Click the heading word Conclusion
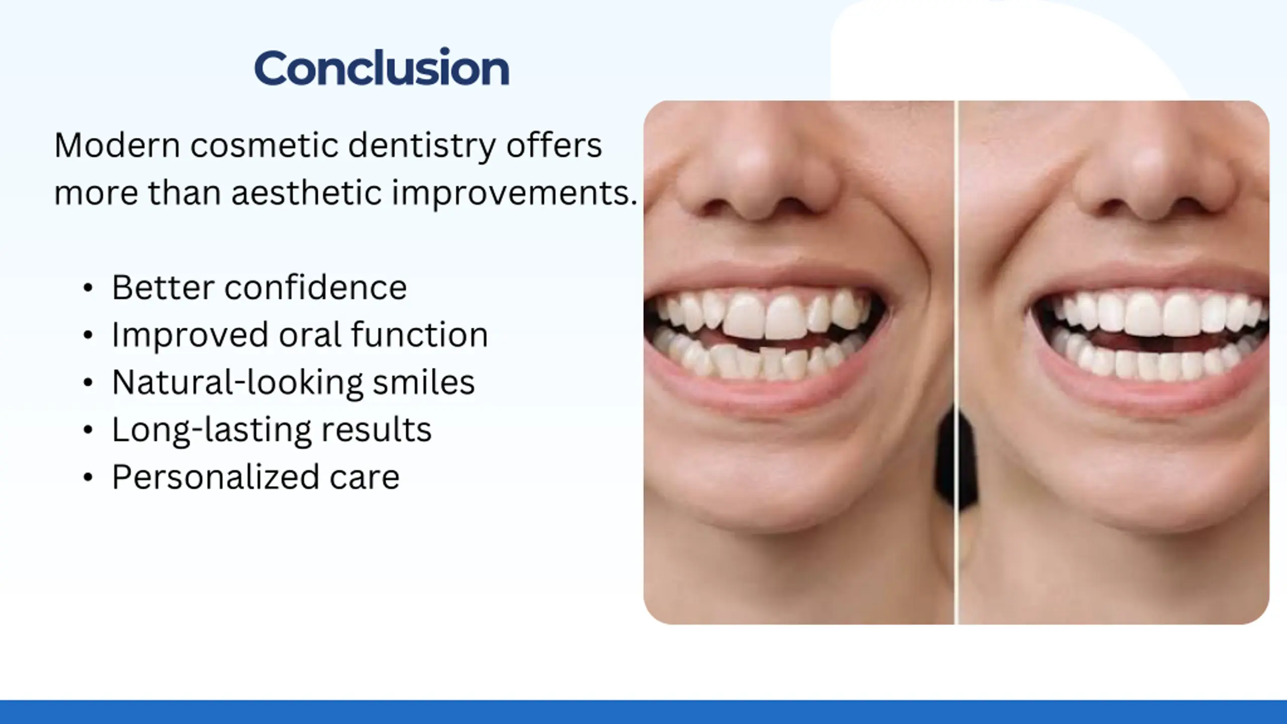[382, 67]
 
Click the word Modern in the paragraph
[117, 145]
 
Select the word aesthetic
[306, 193]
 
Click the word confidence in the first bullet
[315, 288]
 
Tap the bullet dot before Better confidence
[88, 288]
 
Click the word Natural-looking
[237, 383]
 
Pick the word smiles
[423, 382]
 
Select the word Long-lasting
[211, 430]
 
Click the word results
[376, 430]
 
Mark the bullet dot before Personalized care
[88, 477]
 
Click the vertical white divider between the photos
[956, 363]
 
